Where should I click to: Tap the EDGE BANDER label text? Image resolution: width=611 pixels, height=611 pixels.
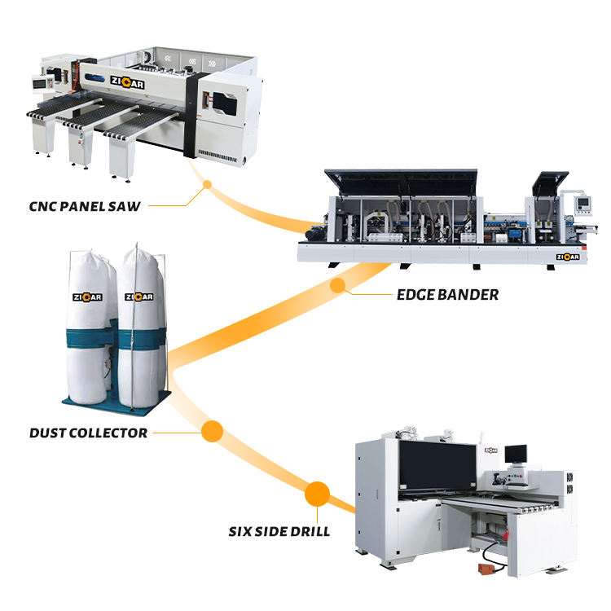point(446,294)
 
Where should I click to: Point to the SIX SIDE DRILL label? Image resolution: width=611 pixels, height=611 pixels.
point(279,531)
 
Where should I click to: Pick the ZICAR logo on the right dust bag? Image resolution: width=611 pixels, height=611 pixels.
point(139,297)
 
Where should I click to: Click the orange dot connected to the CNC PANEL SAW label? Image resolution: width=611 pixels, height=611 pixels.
point(207,184)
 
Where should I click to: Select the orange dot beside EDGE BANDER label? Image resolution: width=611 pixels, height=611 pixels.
point(336,285)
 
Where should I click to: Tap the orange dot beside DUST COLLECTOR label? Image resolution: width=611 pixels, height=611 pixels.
point(213,430)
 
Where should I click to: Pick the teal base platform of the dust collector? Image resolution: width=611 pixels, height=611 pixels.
point(114,402)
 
